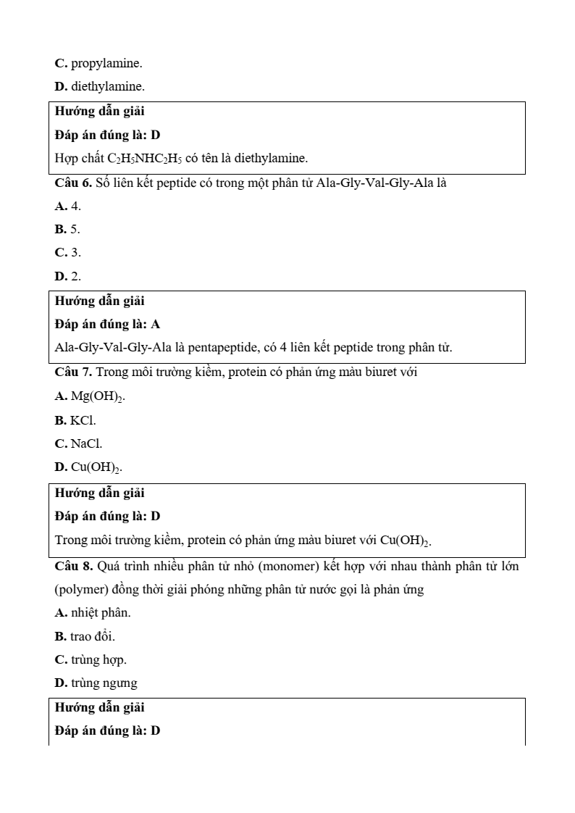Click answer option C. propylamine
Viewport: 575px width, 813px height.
(x=98, y=63)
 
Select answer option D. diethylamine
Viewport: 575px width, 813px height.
(x=100, y=86)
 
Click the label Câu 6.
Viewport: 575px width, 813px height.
(x=73, y=183)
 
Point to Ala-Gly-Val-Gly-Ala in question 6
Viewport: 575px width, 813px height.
(x=365, y=183)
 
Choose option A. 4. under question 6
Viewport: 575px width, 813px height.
(x=68, y=206)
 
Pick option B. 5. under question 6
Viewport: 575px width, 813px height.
(x=68, y=229)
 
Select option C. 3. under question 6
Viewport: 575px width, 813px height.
(x=68, y=252)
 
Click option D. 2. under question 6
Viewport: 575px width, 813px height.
(x=68, y=276)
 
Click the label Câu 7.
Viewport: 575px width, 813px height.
(x=73, y=372)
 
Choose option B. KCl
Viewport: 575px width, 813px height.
(x=75, y=420)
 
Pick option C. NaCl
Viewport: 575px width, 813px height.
(x=78, y=443)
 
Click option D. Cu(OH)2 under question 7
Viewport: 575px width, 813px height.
(x=88, y=467)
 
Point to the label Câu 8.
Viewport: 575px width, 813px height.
(x=73, y=565)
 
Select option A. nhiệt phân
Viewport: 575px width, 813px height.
(x=93, y=612)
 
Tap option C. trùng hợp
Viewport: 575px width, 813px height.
(x=91, y=659)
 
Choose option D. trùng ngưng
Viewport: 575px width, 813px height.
(x=96, y=683)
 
